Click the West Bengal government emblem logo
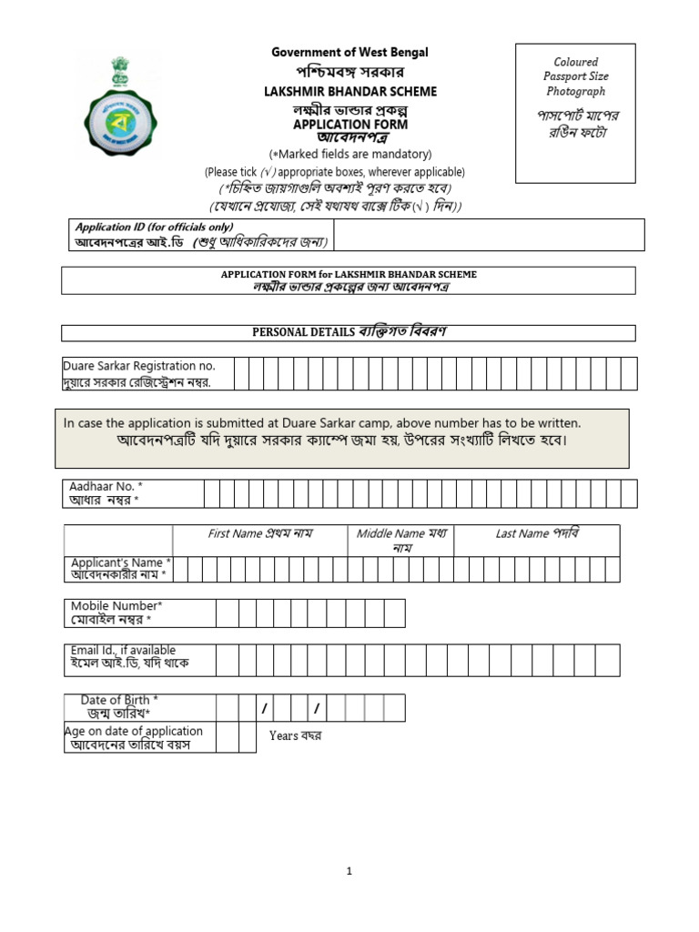click(119, 107)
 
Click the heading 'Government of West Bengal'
click(349, 52)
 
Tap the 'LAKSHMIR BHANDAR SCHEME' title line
click(349, 92)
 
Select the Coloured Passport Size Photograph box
click(575, 113)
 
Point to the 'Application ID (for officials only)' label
click(154, 227)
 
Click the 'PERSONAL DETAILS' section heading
click(303, 332)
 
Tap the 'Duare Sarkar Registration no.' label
click(138, 366)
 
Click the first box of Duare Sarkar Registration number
click(242, 373)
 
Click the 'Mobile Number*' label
click(116, 606)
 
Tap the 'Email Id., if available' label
click(123, 651)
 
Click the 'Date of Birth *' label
click(119, 700)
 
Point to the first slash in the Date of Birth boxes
click(265, 708)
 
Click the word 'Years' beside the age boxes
click(284, 735)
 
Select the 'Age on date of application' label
click(134, 731)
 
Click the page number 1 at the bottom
click(349, 871)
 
